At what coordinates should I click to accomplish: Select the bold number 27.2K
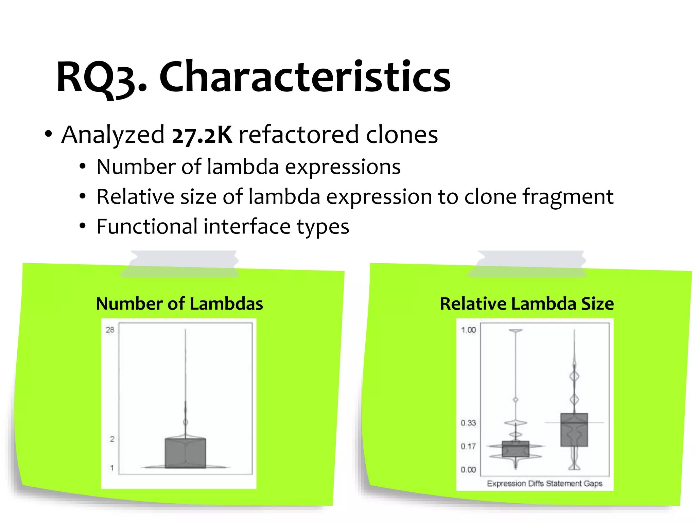202,135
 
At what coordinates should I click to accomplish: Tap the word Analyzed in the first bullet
113,135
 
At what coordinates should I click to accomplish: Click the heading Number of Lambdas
179,303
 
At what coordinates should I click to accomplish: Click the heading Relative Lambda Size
526,303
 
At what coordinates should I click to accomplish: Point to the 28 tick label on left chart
110,330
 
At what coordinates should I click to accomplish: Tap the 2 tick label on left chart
112,439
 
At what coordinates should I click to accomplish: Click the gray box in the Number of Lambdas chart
185,453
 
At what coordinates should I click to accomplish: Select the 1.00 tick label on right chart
468,330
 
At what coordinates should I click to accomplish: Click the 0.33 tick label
468,423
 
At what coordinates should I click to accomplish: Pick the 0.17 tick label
468,446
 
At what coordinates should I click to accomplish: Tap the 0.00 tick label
468,470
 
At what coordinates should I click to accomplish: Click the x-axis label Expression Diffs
515,483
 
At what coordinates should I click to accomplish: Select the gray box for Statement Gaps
574,430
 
